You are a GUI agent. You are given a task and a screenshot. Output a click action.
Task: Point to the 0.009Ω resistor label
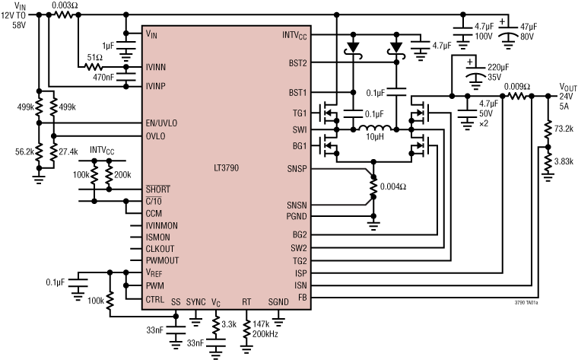point(517,86)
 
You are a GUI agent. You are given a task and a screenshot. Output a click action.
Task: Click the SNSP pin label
point(297,167)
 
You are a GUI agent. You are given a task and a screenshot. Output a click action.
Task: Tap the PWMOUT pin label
point(162,260)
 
